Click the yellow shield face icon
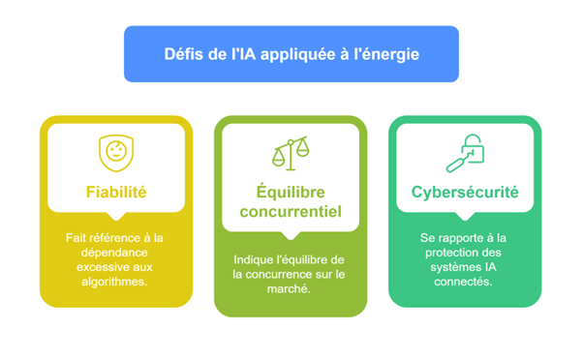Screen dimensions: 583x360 coord(116,153)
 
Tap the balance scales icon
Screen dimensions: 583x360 coord(291,154)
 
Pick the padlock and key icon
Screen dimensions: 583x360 coord(465,154)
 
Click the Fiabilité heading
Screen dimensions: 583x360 coord(116,193)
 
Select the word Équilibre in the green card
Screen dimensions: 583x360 coord(291,192)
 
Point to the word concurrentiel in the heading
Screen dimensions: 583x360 coord(291,212)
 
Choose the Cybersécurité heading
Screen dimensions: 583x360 coord(465,193)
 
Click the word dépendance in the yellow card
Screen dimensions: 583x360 coord(114,253)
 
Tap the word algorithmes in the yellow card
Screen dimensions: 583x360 coord(114,282)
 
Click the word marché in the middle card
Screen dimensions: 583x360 coord(289,289)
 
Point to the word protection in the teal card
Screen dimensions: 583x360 coord(448,253)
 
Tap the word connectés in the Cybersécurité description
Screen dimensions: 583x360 coord(463,282)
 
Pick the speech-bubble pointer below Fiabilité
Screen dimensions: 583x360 coord(116,217)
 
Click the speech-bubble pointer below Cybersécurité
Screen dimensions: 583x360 coord(465,217)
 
